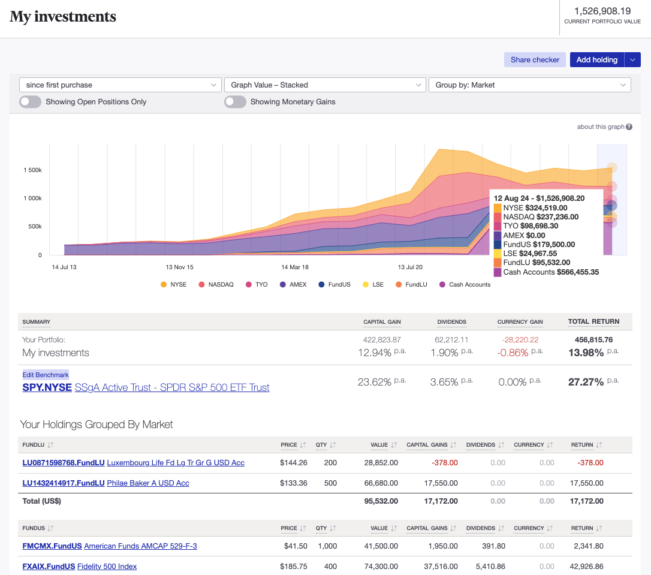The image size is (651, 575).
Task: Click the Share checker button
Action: coord(535,59)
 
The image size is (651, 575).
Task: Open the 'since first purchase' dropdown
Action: coord(120,85)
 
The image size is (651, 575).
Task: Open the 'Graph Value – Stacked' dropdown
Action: coord(324,85)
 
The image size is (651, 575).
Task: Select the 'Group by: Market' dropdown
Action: coord(529,85)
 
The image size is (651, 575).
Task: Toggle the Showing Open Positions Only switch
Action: coord(31,102)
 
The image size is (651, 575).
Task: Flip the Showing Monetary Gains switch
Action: coord(235,102)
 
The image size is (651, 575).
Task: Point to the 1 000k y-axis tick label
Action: coord(32,198)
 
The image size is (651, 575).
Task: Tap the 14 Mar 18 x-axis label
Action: coord(295,267)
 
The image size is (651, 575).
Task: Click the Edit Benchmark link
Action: coord(46,375)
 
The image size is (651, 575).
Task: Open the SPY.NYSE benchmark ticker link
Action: coord(47,388)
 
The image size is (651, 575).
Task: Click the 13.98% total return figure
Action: coord(586,353)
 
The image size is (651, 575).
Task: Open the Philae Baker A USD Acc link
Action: coord(147,483)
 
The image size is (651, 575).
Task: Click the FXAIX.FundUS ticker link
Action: coord(49,566)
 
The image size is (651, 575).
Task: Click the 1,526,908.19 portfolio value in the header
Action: coord(602,11)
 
